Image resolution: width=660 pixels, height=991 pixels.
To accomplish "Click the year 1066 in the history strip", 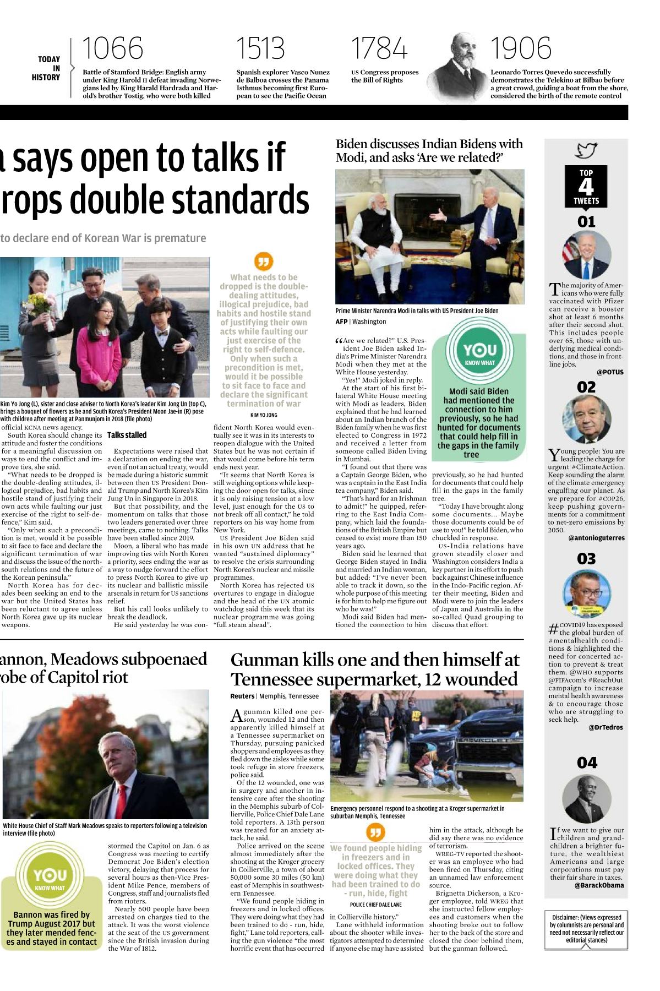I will [112, 48].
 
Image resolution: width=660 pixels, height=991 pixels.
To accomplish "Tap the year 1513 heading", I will [260, 48].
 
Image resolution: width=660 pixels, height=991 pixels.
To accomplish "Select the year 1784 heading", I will [379, 48].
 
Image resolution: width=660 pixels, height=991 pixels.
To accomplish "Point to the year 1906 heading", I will [520, 48].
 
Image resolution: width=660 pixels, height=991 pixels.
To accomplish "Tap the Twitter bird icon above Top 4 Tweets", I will [586, 150].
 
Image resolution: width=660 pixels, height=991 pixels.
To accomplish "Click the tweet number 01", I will [586, 222].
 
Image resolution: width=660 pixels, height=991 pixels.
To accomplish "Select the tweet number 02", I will [586, 387].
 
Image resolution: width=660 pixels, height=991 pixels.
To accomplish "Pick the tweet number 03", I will [586, 559].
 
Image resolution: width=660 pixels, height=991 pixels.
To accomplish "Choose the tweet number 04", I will [587, 763].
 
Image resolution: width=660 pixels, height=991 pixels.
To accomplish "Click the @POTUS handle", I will [610, 372].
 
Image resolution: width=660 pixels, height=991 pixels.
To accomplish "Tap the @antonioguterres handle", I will [596, 538].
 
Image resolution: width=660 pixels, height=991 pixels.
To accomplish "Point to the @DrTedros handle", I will [606, 727].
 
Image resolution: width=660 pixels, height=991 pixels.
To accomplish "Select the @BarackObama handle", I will [599, 885].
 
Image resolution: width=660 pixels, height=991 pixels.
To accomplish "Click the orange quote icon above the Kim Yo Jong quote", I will [264, 262].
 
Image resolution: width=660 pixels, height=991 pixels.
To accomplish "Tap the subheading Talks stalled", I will [127, 435].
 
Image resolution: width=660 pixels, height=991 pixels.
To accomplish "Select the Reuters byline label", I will [242, 696].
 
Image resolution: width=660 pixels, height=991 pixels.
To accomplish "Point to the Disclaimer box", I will [586, 929].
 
